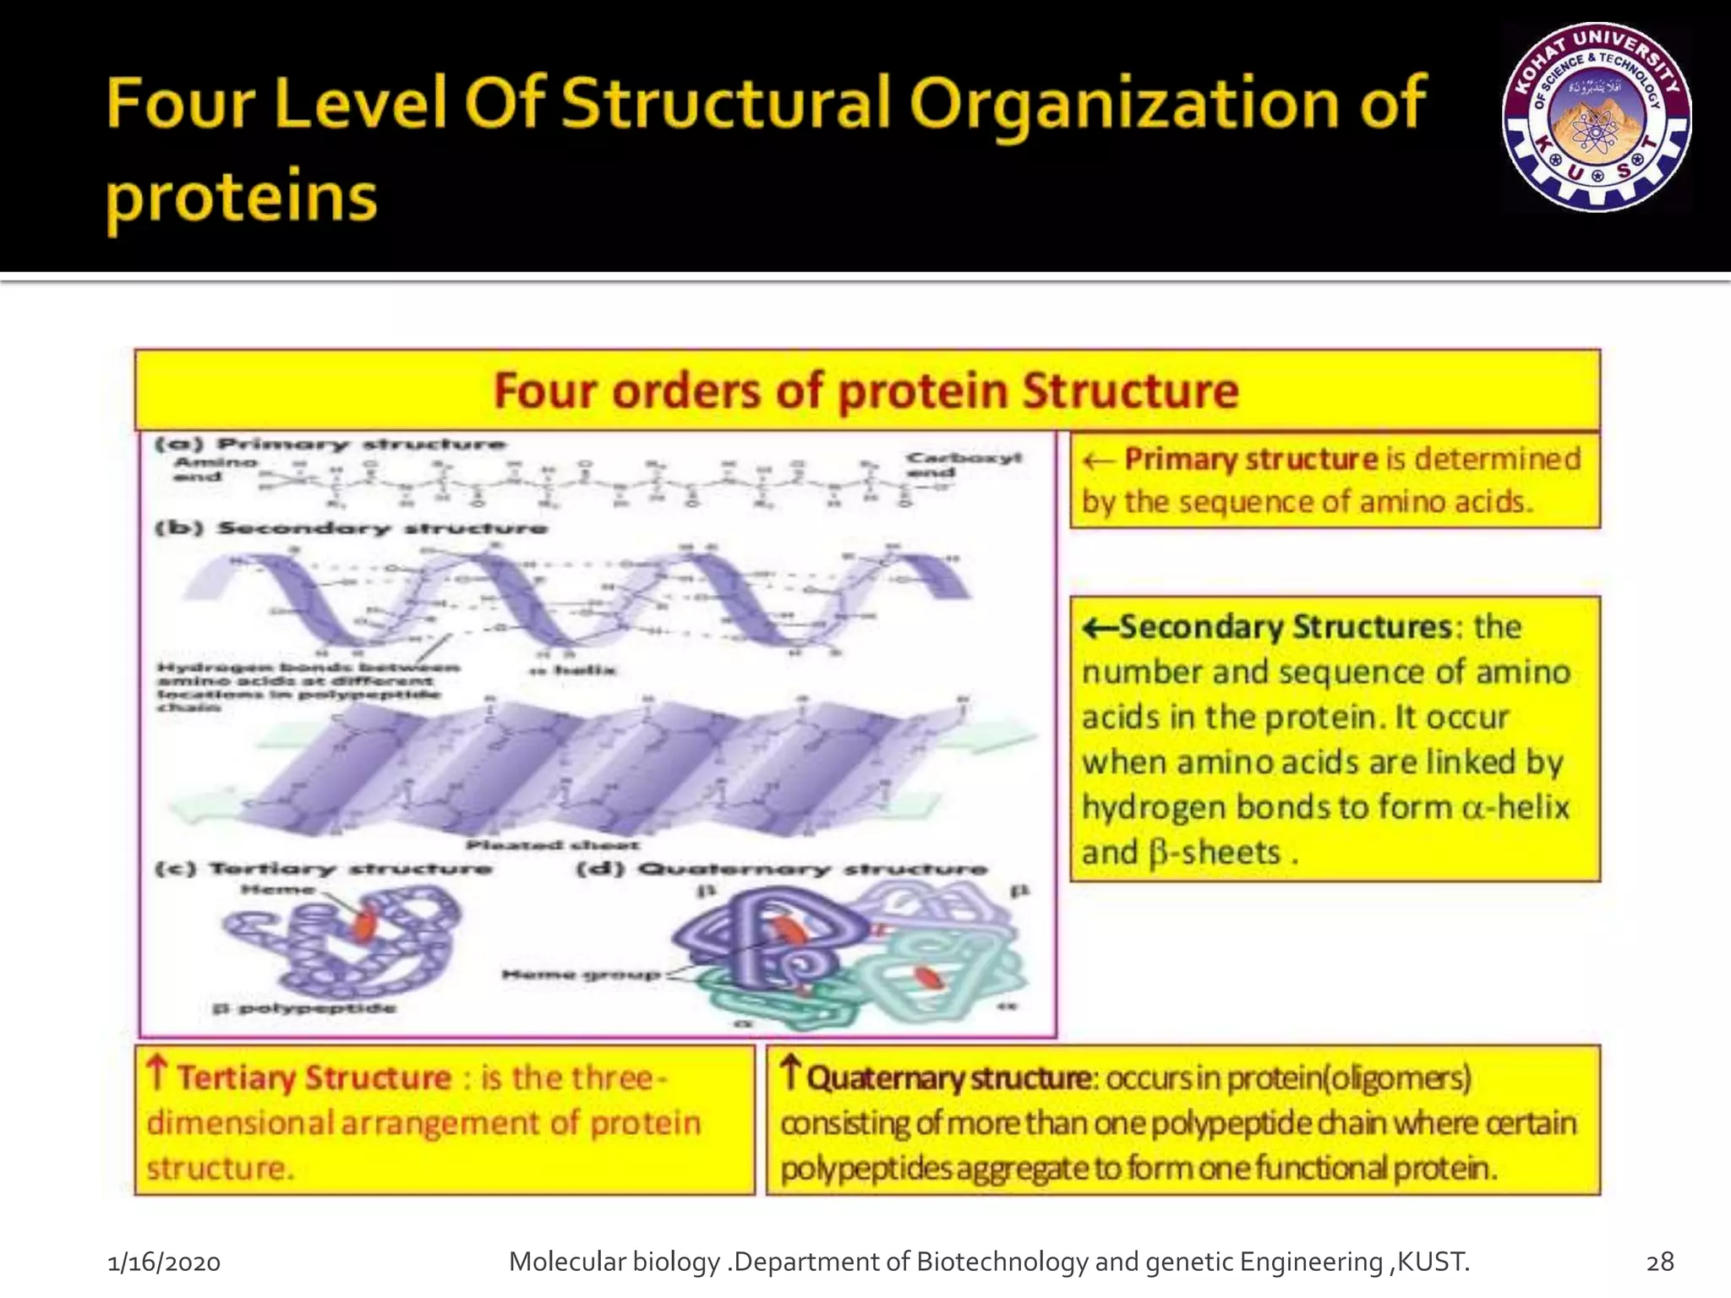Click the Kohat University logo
coord(1597,117)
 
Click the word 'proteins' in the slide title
coord(241,196)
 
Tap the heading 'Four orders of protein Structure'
coord(865,391)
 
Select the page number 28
coord(1660,1262)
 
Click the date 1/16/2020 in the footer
coord(164,1263)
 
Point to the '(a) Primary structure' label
coord(330,444)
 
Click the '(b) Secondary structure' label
coord(351,528)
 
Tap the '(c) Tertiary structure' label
coord(323,869)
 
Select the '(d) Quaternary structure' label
coord(781,869)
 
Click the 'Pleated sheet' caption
coord(553,844)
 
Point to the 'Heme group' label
coord(581,974)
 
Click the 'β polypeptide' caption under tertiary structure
coord(304,1007)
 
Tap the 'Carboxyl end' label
coord(963,465)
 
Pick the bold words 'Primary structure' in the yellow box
coord(1251,459)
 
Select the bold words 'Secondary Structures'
coord(1285,627)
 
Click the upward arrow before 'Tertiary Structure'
coord(157,1073)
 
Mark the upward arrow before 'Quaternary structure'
coord(789,1072)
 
